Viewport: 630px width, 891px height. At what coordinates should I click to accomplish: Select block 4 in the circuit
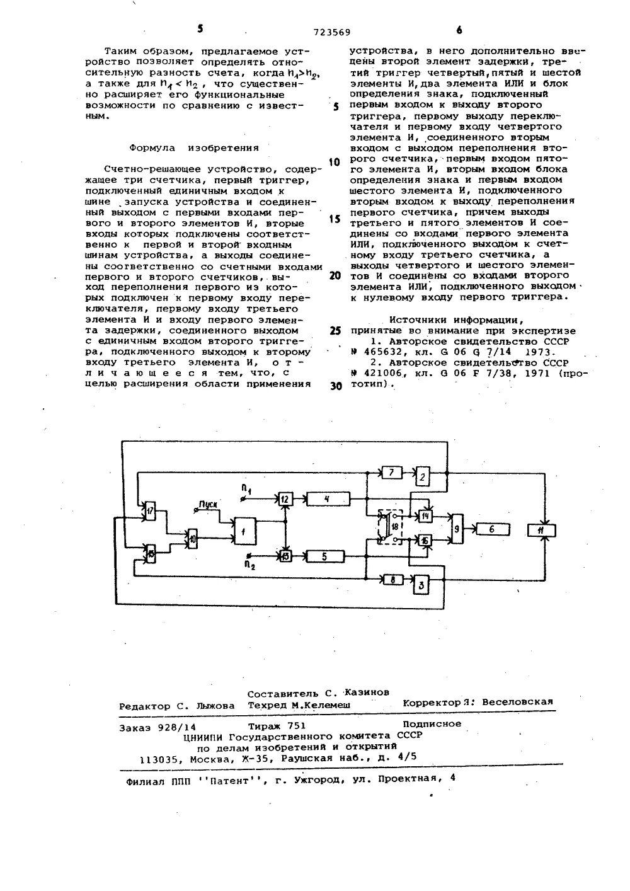point(326,499)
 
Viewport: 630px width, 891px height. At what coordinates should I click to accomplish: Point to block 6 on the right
point(493,530)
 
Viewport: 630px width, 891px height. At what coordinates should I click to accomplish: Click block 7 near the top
point(391,473)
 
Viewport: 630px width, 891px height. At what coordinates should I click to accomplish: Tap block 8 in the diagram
point(392,580)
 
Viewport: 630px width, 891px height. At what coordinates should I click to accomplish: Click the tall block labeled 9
point(455,529)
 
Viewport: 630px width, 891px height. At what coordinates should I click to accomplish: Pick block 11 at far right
point(541,530)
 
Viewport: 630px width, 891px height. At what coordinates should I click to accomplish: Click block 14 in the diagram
point(426,516)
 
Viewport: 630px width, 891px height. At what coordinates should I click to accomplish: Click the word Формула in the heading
point(149,148)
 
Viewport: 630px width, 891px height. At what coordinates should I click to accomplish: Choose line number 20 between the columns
point(335,275)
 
